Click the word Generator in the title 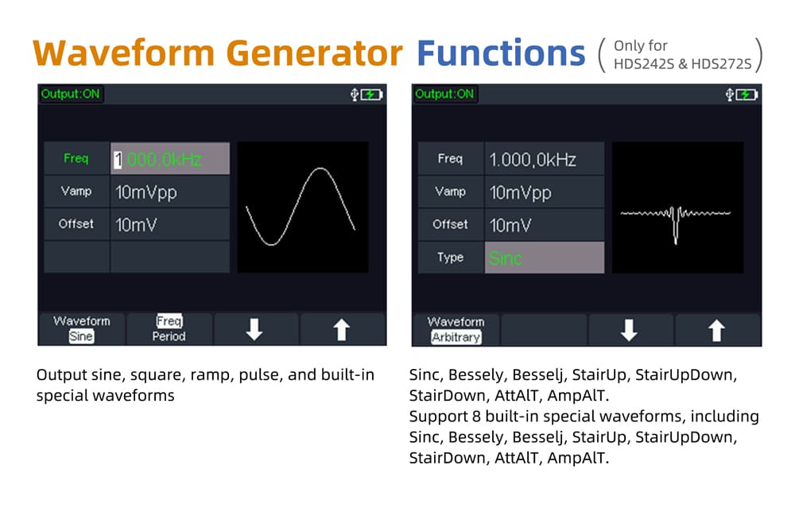coord(314,52)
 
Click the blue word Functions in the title coord(501,52)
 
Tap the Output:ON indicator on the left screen coord(71,94)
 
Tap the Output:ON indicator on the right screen coord(444,94)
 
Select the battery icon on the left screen coord(371,95)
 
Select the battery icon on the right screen coord(747,95)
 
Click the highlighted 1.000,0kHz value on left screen coord(157,159)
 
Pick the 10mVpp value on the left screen coord(146,192)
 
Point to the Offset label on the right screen coord(450,224)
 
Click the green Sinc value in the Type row coord(505,258)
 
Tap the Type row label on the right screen coord(450,257)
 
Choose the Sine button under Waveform coord(81,336)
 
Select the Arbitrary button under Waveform coord(456,337)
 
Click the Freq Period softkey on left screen coord(169,328)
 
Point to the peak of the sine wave coord(320,169)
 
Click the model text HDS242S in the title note coord(644,64)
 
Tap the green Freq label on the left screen coord(76,158)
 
